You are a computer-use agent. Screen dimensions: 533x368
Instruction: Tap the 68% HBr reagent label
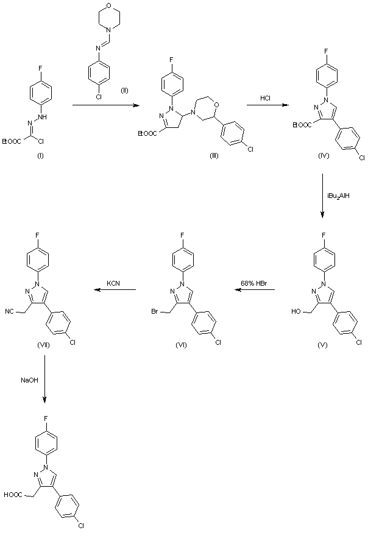(x=249, y=282)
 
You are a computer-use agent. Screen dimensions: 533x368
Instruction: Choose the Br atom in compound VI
(x=157, y=312)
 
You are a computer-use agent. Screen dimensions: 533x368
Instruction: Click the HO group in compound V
(x=297, y=312)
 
